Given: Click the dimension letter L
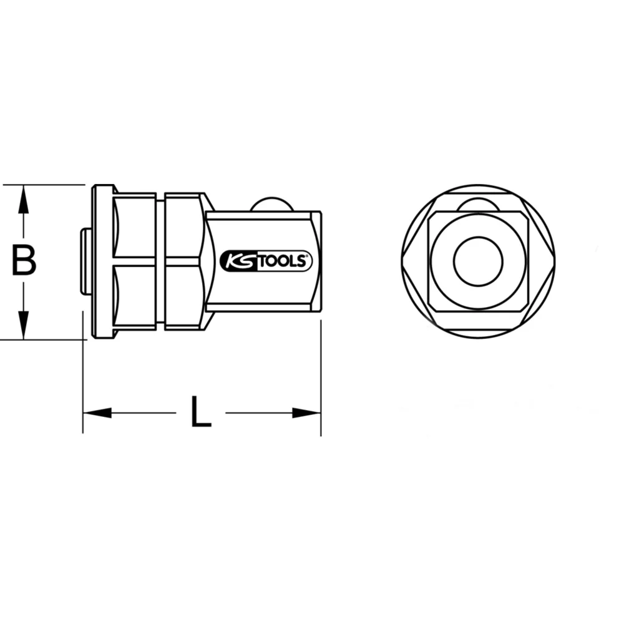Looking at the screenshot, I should [x=200, y=412].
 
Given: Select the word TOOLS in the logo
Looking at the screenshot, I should [x=280, y=261].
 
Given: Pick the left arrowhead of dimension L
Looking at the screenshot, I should [x=97, y=412].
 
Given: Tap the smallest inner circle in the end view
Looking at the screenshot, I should [x=478, y=261].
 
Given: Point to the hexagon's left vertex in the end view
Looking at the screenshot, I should [x=402, y=261].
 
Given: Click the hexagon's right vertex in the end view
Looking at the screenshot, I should [x=554, y=261].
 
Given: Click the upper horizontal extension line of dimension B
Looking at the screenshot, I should [x=44, y=185].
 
